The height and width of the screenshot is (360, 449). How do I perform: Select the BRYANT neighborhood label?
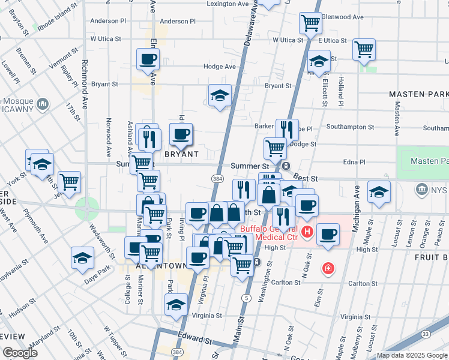pyautogui.click(x=181, y=154)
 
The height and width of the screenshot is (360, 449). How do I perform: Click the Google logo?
pyautogui.click(x=20, y=353)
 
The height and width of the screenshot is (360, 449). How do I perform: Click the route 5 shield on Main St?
pyautogui.click(x=246, y=298)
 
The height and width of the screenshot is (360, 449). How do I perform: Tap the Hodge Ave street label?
pyautogui.click(x=219, y=67)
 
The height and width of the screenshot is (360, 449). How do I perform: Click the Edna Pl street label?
pyautogui.click(x=354, y=162)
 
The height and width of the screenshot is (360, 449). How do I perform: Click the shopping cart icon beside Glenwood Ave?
pyautogui.click(x=310, y=23)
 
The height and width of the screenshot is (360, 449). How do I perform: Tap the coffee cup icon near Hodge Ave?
pyautogui.click(x=147, y=59)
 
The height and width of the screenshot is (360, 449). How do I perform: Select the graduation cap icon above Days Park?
pyautogui.click(x=82, y=258)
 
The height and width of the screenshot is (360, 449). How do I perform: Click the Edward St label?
pyautogui.click(x=194, y=338)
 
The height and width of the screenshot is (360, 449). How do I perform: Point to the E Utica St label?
pyautogui.click(x=333, y=40)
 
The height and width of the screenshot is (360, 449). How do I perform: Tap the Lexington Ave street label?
pyautogui.click(x=228, y=4)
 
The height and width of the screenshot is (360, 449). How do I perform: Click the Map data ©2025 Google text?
pyautogui.click(x=411, y=355)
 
